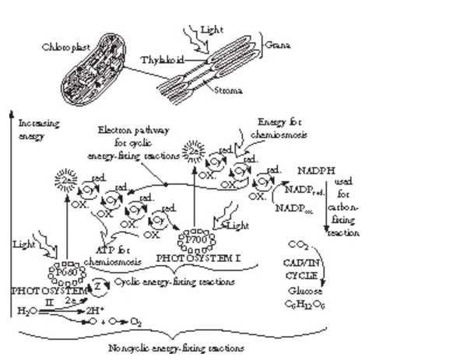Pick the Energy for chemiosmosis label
tap(281, 126)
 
